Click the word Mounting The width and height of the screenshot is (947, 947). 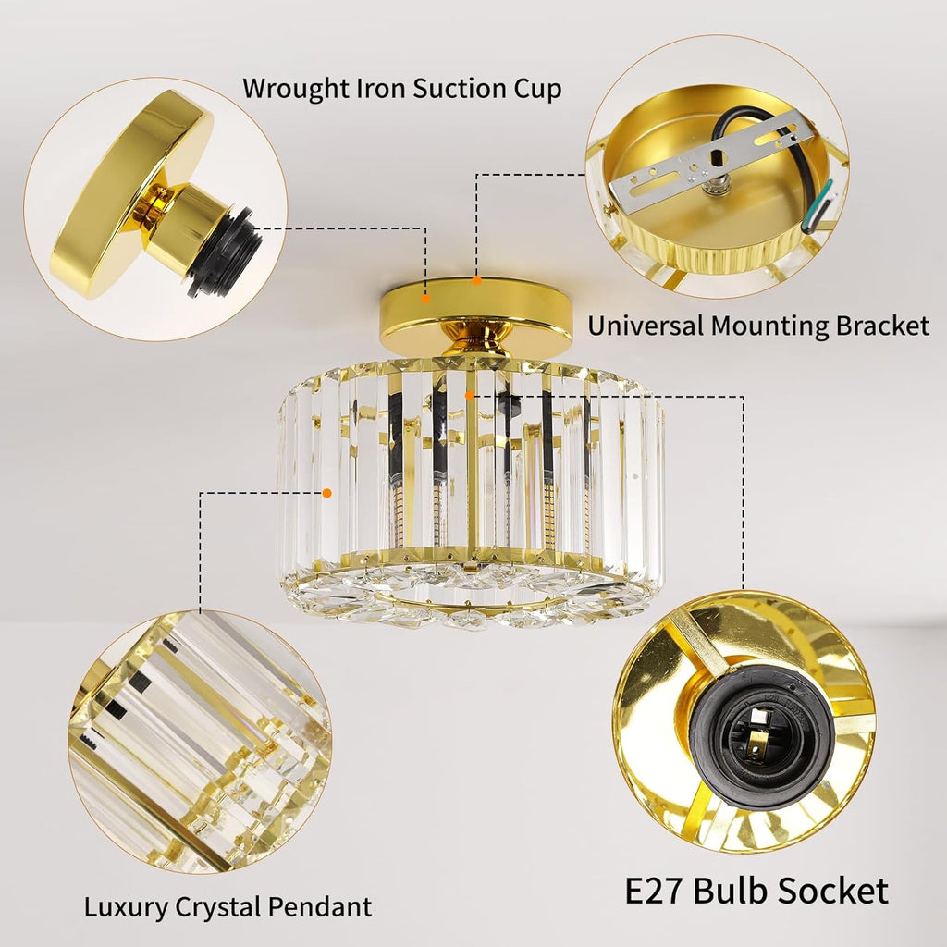tap(769, 326)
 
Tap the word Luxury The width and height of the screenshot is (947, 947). tap(126, 908)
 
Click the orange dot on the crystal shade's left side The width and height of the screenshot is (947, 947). tap(327, 494)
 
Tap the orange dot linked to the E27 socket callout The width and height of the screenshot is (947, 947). tap(469, 396)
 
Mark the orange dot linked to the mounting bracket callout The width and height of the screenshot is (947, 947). tap(476, 280)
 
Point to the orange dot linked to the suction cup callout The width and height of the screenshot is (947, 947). tap(425, 299)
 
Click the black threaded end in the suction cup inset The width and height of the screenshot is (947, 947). tap(225, 252)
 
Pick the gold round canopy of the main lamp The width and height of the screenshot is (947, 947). tap(476, 315)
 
